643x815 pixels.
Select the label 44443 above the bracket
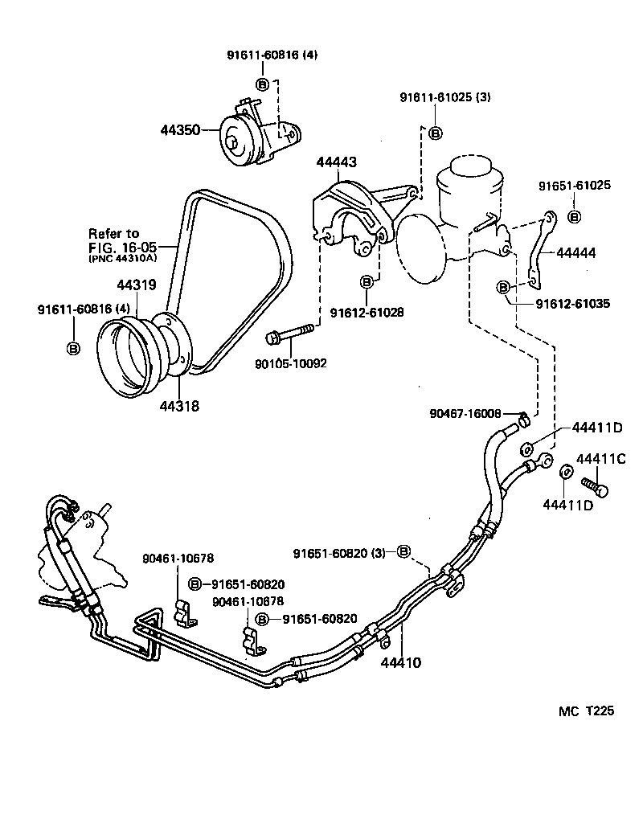coord(336,162)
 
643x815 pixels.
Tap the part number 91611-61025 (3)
coord(444,97)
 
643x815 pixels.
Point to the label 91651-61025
coord(574,185)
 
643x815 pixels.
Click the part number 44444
coord(575,252)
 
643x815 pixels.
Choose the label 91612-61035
coord(572,304)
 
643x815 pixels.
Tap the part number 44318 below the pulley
coord(178,406)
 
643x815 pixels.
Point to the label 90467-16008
coord(465,413)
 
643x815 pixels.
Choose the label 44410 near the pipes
coord(400,663)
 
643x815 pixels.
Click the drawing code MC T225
coord(587,711)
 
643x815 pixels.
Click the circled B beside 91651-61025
coord(574,216)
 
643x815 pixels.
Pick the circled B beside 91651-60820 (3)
coord(404,551)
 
